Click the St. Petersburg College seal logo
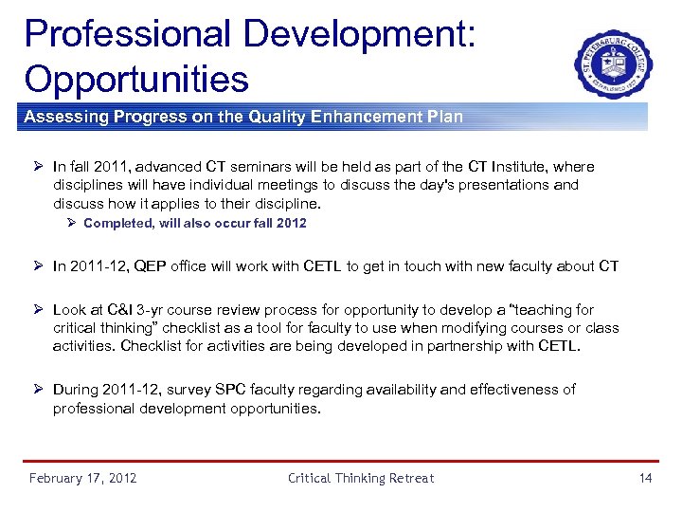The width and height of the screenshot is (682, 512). click(613, 64)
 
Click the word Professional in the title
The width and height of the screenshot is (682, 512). click(126, 33)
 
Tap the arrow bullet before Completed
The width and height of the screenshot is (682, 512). click(72, 224)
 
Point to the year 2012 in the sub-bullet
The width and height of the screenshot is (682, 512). click(291, 224)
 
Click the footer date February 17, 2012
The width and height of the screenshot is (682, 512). click(82, 478)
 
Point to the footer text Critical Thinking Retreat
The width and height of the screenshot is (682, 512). click(361, 478)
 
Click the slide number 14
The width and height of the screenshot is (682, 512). click(645, 478)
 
